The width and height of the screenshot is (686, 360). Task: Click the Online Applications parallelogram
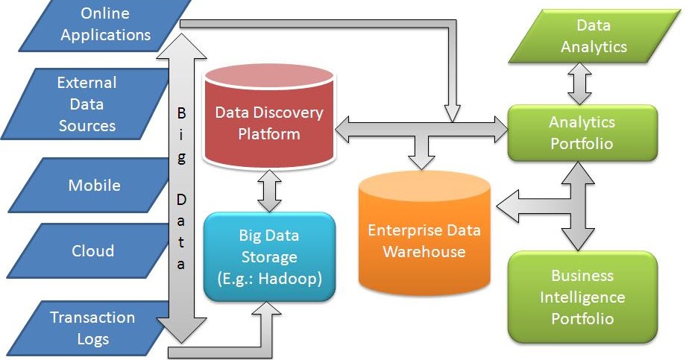(x=104, y=25)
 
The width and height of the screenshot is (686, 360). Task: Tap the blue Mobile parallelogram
(x=92, y=185)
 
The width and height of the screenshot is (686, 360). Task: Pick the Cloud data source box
(x=91, y=250)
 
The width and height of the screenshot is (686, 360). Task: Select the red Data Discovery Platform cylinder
(x=269, y=117)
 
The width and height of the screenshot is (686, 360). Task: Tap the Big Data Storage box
(x=269, y=256)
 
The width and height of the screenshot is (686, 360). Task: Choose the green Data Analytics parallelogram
(x=594, y=36)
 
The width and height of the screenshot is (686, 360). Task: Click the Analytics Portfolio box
(x=582, y=133)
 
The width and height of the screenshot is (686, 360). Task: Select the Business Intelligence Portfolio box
(x=582, y=297)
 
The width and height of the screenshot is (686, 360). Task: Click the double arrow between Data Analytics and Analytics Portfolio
(x=579, y=83)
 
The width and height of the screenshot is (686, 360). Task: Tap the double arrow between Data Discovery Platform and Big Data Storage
(x=269, y=191)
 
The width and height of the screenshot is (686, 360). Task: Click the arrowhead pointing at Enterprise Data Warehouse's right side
(x=508, y=206)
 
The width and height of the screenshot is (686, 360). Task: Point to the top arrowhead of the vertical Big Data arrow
(x=181, y=46)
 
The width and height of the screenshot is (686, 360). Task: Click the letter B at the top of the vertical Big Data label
(x=181, y=113)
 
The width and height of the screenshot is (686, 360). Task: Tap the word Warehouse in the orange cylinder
(x=424, y=251)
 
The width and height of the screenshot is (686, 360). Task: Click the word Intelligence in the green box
(x=582, y=297)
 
